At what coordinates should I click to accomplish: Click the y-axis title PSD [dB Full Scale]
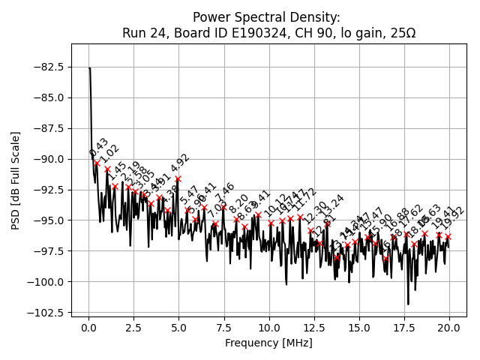16,180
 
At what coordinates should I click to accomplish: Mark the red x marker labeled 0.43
97,163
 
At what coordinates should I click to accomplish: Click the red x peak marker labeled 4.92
178,178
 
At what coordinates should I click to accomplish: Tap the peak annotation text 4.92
180,164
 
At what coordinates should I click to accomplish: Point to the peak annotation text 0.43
99,148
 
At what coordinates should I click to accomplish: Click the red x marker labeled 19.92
448,236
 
